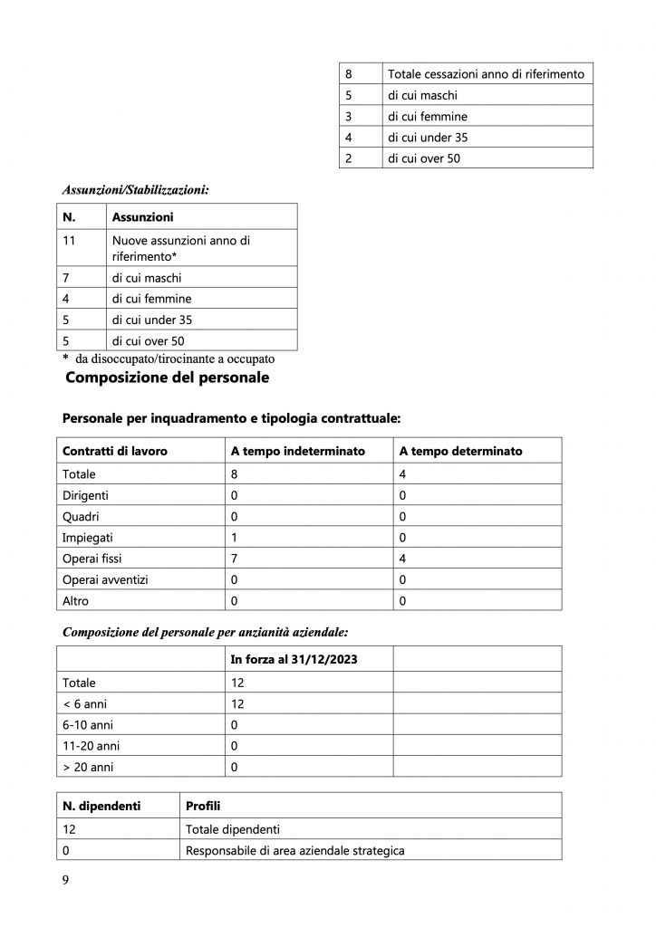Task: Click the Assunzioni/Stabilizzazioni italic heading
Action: coord(135,190)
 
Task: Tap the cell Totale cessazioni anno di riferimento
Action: coord(486,73)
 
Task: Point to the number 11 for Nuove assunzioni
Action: coord(69,241)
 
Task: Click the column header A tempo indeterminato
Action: coord(297,451)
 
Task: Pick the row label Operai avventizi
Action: coord(103,579)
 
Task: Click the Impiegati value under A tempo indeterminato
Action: coord(235,537)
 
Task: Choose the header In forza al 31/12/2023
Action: coord(294,659)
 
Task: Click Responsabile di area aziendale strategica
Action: coord(294,850)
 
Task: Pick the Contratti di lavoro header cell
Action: coord(114,451)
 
